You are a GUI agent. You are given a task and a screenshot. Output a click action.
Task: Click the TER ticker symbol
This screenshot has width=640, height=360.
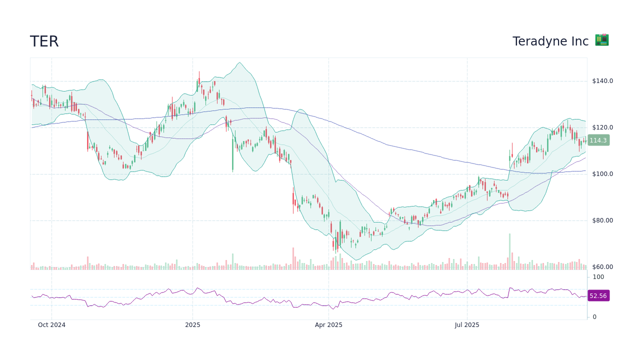click(x=44, y=41)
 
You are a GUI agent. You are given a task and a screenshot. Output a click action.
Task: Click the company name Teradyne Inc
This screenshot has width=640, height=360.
click(x=550, y=41)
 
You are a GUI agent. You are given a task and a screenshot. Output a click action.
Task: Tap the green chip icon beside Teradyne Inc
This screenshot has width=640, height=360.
click(x=601, y=40)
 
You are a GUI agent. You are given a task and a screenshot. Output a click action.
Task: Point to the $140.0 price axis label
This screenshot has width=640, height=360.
click(x=602, y=81)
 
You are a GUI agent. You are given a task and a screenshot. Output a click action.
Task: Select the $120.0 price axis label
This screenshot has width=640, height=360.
click(x=602, y=127)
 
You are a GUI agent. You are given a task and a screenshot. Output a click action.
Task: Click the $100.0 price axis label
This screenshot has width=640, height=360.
click(x=602, y=174)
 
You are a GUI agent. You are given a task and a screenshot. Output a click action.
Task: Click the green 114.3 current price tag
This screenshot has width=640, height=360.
click(x=598, y=140)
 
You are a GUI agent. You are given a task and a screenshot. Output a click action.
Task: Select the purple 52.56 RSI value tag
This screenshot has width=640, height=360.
click(x=598, y=296)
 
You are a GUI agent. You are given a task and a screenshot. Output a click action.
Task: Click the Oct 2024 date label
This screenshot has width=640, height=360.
click(x=51, y=325)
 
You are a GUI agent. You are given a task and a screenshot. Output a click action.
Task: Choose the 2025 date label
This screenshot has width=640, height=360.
click(x=192, y=325)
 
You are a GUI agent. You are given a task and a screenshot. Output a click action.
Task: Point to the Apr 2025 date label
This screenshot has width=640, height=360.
click(x=328, y=325)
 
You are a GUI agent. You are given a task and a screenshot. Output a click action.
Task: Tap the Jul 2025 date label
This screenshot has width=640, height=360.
click(x=467, y=325)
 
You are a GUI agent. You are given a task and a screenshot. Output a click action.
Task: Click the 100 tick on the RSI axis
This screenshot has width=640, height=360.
click(x=598, y=277)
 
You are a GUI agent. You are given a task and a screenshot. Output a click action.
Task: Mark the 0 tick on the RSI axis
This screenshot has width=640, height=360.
click(x=594, y=317)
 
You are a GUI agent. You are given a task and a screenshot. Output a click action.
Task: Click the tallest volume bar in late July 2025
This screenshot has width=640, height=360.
click(x=509, y=251)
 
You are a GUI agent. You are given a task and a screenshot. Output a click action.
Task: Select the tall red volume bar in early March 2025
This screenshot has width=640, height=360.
click(x=293, y=258)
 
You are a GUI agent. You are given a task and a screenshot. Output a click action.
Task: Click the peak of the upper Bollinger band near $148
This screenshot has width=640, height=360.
click(x=240, y=63)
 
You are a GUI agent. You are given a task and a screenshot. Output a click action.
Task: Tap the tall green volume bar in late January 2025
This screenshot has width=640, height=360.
click(x=232, y=261)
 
